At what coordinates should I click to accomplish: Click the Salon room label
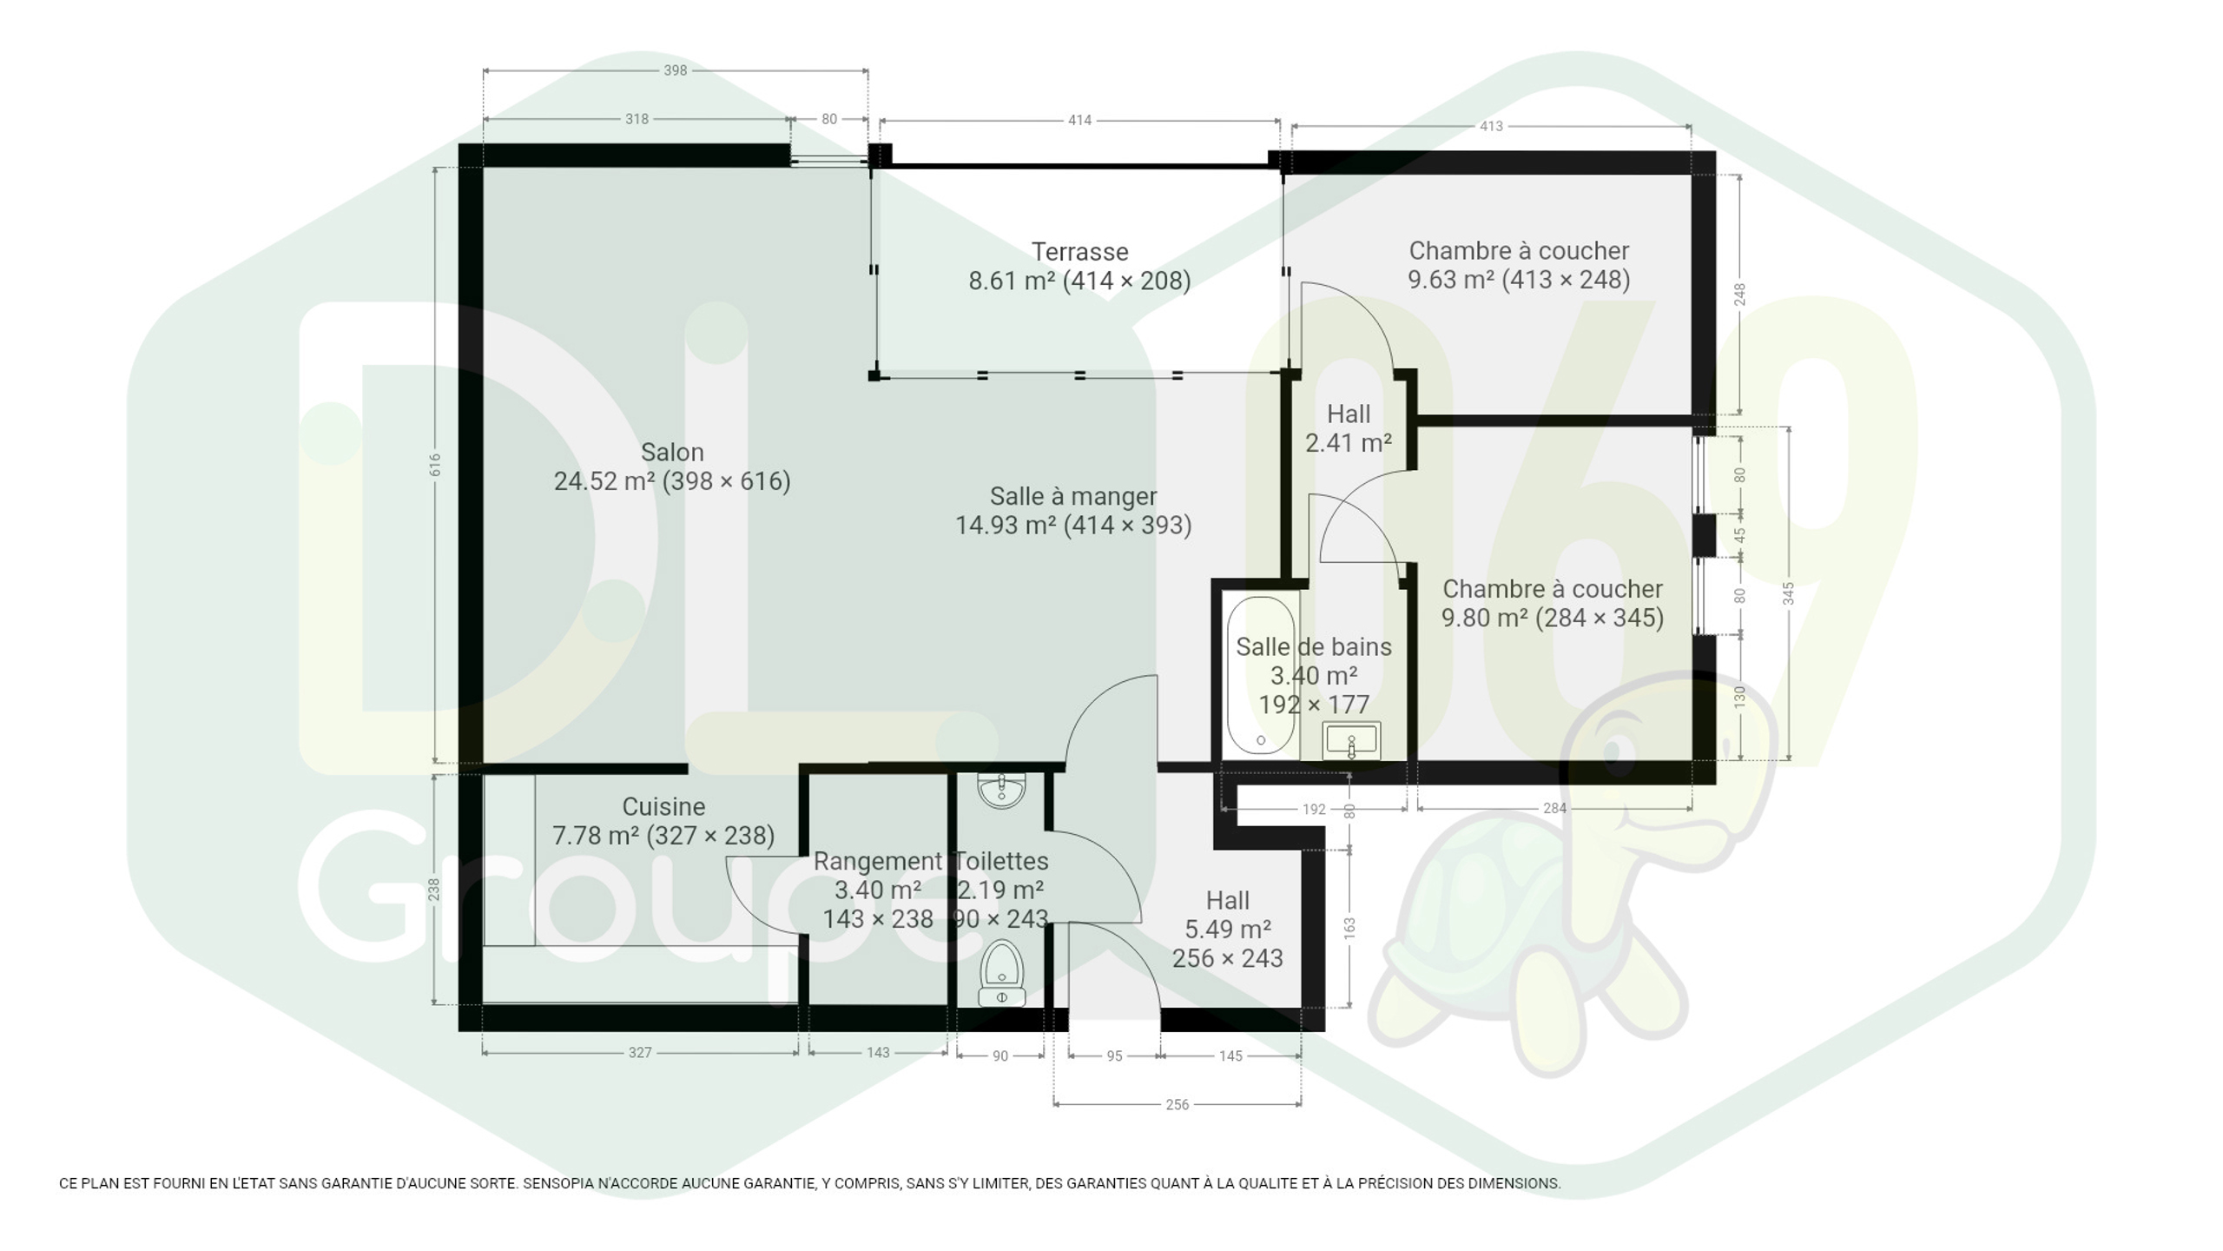coord(672,453)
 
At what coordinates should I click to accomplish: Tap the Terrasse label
coord(1079,252)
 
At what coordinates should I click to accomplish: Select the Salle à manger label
coord(1073,496)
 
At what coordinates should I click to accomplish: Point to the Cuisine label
coord(663,806)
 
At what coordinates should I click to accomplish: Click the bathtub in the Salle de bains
coord(1260,675)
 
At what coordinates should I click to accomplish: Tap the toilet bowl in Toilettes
coord(1001,972)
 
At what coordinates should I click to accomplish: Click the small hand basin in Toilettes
coord(1001,791)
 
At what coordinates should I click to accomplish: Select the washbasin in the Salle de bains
coord(1351,740)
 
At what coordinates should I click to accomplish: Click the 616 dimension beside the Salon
coord(435,465)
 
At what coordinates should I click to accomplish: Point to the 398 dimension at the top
coord(675,70)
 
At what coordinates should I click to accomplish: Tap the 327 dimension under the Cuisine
coord(640,1052)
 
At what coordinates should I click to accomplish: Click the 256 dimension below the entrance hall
coord(1177,1104)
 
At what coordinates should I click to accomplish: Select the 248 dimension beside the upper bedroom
coord(1739,295)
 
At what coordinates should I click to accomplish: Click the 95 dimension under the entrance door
coord(1114,1056)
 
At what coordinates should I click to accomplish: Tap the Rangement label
coord(877,861)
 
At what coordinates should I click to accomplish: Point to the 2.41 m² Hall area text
coord(1349,443)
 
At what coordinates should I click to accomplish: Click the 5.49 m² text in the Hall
coord(1228,930)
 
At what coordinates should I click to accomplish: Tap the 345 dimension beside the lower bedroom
coord(1788,593)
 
